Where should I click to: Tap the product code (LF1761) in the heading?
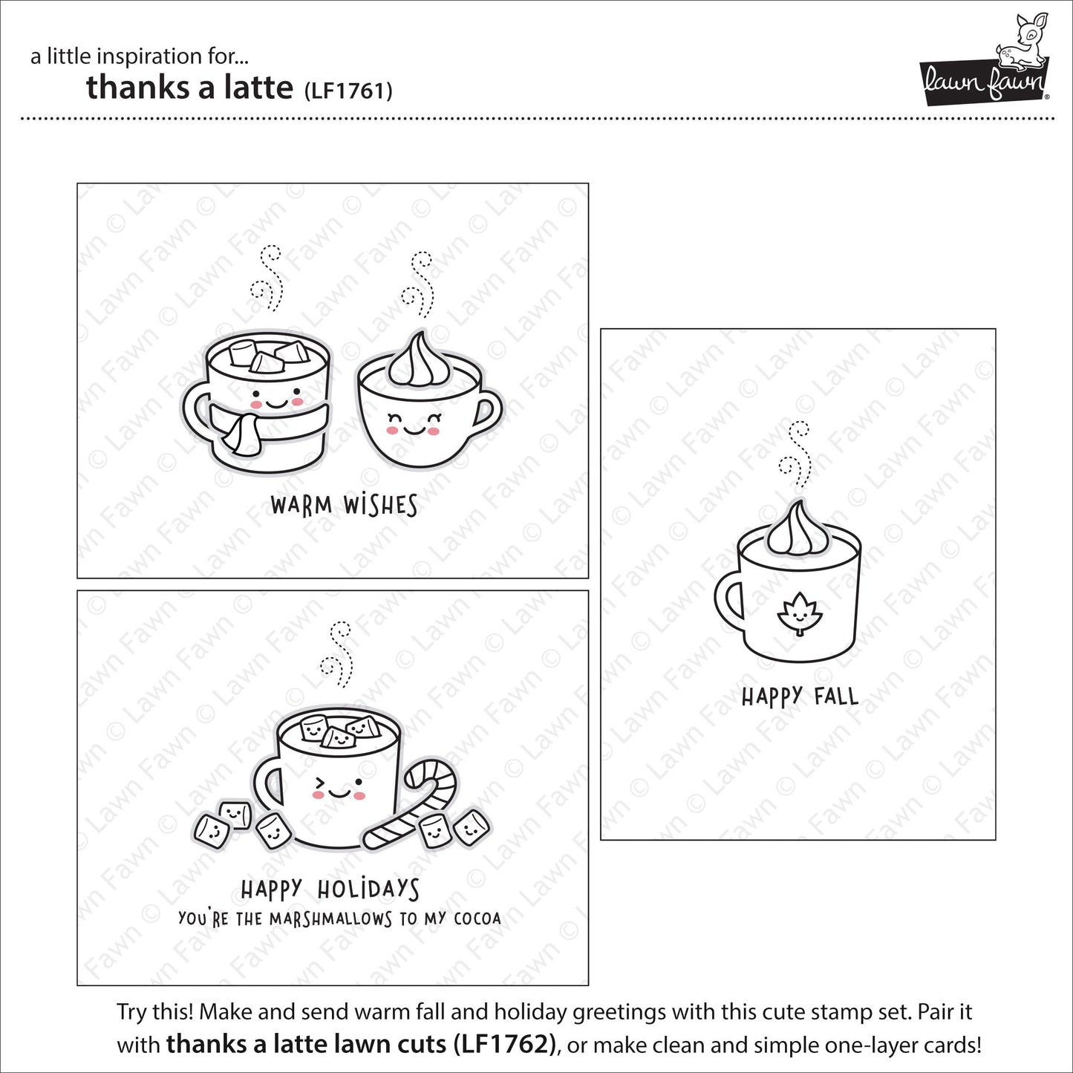[x=348, y=91]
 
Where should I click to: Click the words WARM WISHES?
[x=344, y=506]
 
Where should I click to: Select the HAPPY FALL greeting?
[x=800, y=697]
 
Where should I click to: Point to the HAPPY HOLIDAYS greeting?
[x=330, y=889]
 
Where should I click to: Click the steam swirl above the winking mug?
[x=338, y=653]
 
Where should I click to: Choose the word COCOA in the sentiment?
[x=477, y=919]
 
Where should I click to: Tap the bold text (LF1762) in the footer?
[x=506, y=1045]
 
